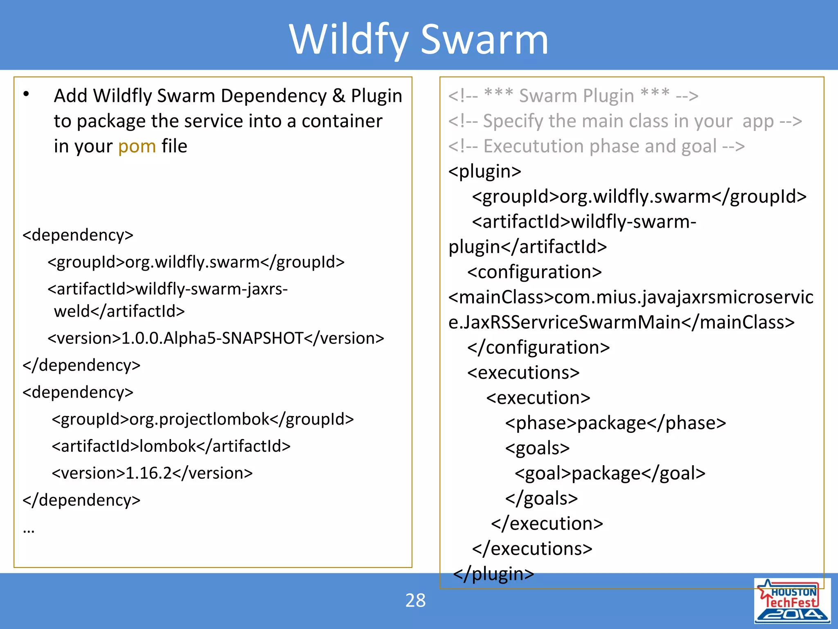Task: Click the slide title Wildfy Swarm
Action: pyautogui.click(x=418, y=39)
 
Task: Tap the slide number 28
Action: pyautogui.click(x=415, y=600)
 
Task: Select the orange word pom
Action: pyautogui.click(x=137, y=146)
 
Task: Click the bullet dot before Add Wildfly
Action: pyautogui.click(x=26, y=94)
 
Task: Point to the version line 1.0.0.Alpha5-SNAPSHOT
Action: pyautogui.click(x=216, y=338)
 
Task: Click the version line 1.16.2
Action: pyautogui.click(x=152, y=473)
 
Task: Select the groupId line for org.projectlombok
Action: pyautogui.click(x=203, y=419)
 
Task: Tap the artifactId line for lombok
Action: pyautogui.click(x=171, y=446)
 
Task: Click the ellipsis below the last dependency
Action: pyautogui.click(x=29, y=531)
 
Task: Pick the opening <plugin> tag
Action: pyautogui.click(x=484, y=171)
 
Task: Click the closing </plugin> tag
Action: pyautogui.click(x=493, y=573)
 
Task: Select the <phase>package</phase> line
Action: pyautogui.click(x=615, y=423)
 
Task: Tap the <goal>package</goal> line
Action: pyautogui.click(x=610, y=473)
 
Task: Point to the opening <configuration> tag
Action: pyautogui.click(x=534, y=272)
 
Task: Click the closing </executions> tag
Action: pyautogui.click(x=532, y=549)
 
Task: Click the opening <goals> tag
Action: pyautogui.click(x=537, y=448)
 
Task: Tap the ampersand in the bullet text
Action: pyautogui.click(x=338, y=96)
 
